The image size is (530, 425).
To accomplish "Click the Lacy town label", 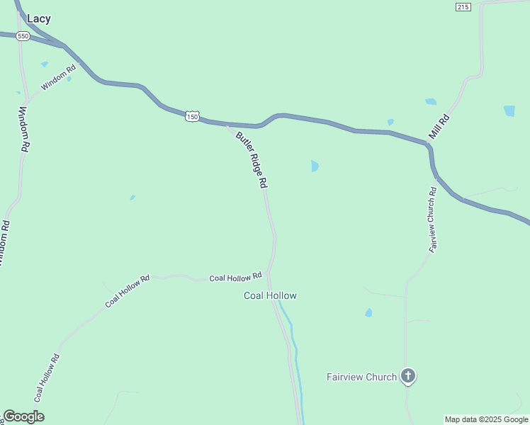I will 38,19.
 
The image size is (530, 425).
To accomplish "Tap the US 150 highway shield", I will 192,116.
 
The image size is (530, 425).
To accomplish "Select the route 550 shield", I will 23,35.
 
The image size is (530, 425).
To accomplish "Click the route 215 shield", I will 463,6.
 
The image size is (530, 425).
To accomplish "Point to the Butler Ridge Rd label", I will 252,160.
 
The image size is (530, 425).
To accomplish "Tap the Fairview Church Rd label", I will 432,220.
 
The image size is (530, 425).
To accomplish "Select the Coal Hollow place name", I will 270,295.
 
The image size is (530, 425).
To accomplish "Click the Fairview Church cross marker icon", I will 407,376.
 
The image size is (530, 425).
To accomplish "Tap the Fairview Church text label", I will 361,377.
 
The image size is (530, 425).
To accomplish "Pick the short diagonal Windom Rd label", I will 58,78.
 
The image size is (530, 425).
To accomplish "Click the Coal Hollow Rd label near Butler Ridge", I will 236,277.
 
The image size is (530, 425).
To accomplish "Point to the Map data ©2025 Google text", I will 487,419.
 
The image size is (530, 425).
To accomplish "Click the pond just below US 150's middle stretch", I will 315,166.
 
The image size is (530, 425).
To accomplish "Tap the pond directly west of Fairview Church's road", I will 368,312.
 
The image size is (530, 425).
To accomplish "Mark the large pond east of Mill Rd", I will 509,111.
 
